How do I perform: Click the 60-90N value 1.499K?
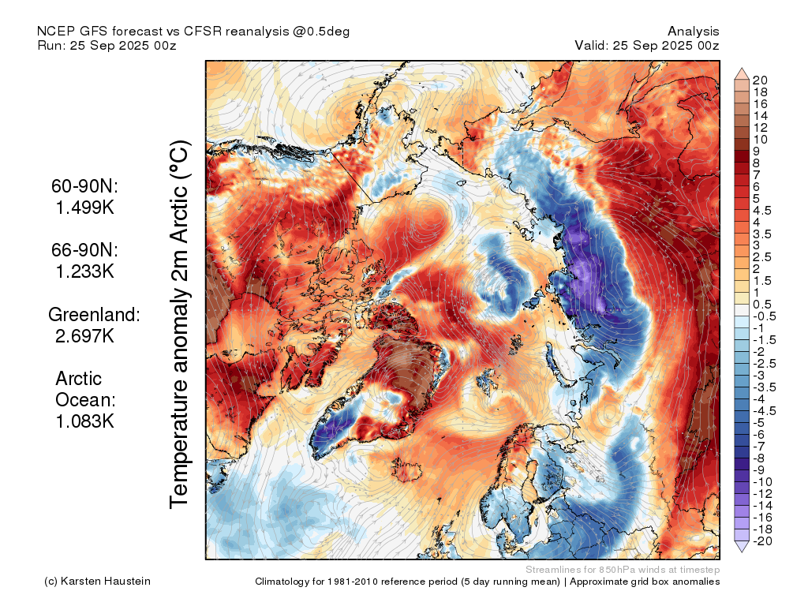(x=85, y=208)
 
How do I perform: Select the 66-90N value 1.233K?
(x=85, y=271)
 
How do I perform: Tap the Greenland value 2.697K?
(x=85, y=336)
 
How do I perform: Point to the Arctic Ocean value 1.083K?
(x=85, y=421)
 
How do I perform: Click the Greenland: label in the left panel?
(x=95, y=314)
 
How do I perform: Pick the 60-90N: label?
(x=84, y=186)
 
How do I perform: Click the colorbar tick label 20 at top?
(x=760, y=80)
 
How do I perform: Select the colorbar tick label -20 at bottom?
(x=762, y=541)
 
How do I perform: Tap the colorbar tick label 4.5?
(x=762, y=211)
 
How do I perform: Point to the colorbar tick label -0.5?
(x=764, y=316)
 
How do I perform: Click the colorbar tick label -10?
(x=762, y=482)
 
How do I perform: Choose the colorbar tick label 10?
(x=760, y=140)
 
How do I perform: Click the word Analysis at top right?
(x=693, y=32)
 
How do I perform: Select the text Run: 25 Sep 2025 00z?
(x=107, y=45)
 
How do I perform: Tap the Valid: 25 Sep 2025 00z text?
(x=647, y=45)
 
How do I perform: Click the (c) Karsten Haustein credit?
(x=97, y=582)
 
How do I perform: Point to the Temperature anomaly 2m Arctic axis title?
(x=180, y=324)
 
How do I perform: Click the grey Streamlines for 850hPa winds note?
(x=623, y=570)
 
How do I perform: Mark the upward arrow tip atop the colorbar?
(x=742, y=68)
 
